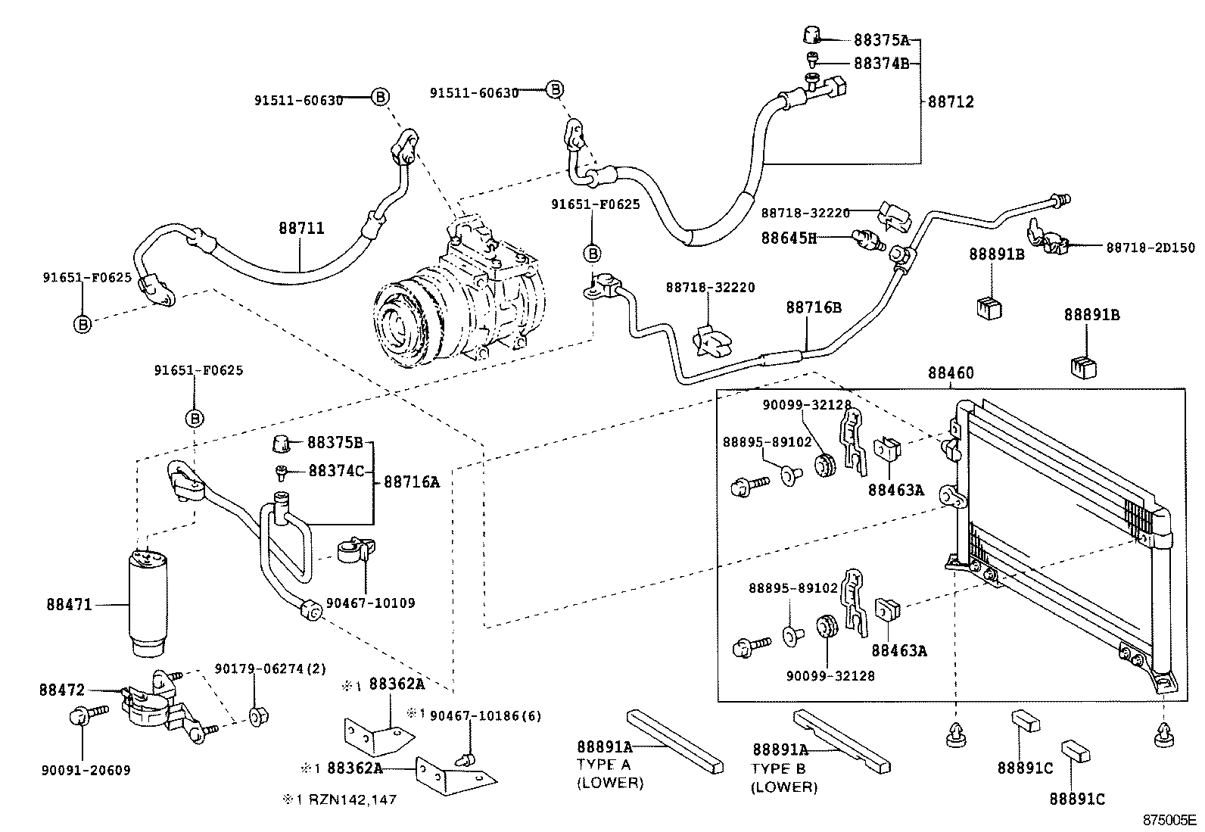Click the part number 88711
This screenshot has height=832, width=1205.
click(x=300, y=227)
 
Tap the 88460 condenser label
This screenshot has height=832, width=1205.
click(x=951, y=373)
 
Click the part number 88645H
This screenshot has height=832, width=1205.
click(x=788, y=238)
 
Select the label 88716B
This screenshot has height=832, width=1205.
click(x=813, y=307)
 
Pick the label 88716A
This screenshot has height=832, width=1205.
click(x=411, y=481)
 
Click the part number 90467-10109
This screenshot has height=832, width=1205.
click(x=370, y=603)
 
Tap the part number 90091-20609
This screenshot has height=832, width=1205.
click(x=86, y=771)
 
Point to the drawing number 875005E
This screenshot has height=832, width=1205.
click(x=1169, y=821)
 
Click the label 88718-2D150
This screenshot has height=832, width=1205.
click(x=1151, y=248)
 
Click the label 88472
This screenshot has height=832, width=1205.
click(x=62, y=690)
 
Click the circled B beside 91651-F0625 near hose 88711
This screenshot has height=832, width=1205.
click(x=83, y=325)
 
